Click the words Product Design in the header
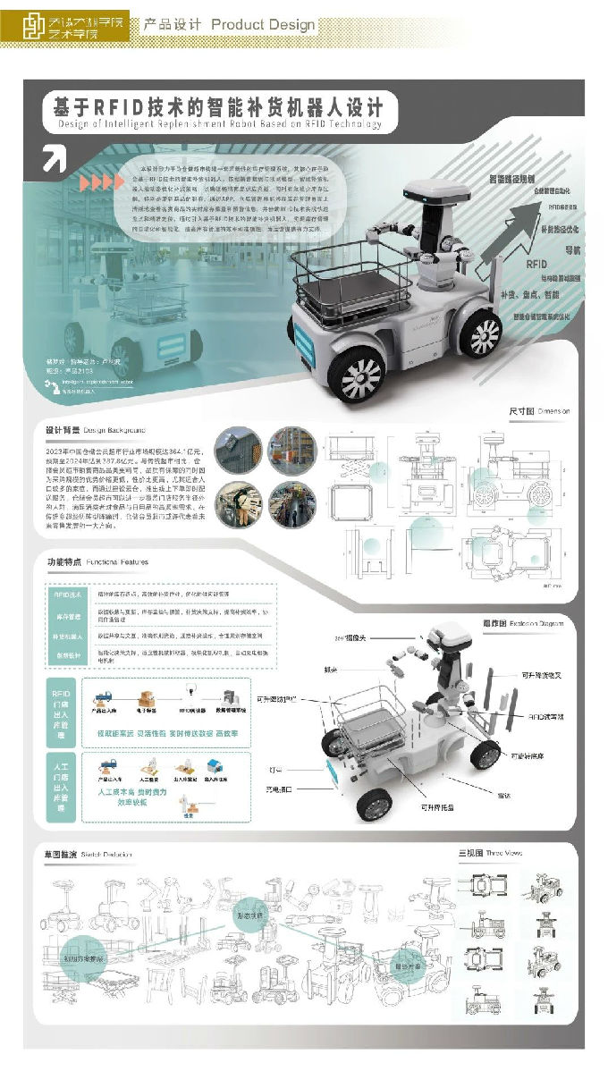(x=263, y=25)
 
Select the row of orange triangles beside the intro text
(x=101, y=182)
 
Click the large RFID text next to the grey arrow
(x=536, y=265)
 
